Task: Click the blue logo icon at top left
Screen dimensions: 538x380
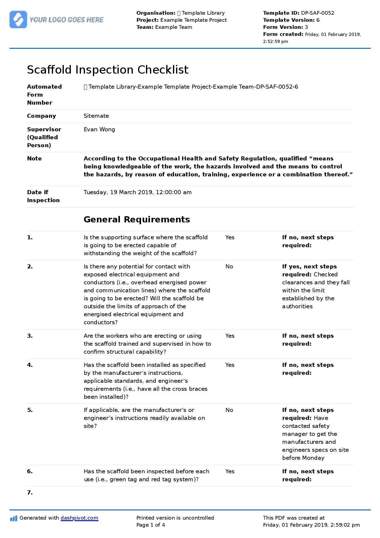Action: (18, 20)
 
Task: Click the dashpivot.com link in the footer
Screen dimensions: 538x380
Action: (79, 518)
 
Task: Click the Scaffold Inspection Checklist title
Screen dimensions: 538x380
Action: (108, 70)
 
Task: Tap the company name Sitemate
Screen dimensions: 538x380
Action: (96, 116)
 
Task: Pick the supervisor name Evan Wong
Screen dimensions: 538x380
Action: (99, 129)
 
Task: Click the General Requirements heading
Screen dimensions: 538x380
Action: (137, 220)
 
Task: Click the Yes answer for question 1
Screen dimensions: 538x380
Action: (230, 237)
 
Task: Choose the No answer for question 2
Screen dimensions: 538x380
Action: (229, 267)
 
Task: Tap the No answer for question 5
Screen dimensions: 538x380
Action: (229, 410)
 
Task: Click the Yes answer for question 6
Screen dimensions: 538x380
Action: (230, 471)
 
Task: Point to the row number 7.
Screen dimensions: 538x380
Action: (30, 493)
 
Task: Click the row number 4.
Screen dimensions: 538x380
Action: (30, 365)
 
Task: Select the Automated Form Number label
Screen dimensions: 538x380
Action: (44, 94)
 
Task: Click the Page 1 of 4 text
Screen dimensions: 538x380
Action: (151, 525)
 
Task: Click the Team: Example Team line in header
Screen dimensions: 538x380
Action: (164, 27)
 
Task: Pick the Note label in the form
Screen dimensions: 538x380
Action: (34, 159)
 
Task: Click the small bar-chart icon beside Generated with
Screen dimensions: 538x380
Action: (13, 518)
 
